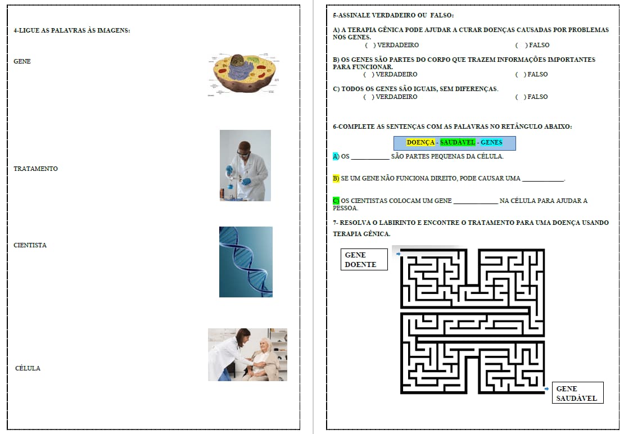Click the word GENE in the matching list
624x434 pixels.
pos(22,61)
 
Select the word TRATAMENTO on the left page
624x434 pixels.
pos(35,169)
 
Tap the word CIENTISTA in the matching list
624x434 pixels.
pos(30,245)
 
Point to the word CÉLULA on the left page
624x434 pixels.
pos(28,368)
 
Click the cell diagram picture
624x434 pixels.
pos(243,75)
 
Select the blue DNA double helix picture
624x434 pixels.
pos(246,262)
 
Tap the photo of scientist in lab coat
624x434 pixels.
pos(245,165)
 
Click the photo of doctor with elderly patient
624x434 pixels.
pos(247,354)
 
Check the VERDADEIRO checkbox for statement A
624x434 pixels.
pos(369,46)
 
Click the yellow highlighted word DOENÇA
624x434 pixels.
pos(420,142)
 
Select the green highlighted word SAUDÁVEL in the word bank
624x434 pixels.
pos(458,142)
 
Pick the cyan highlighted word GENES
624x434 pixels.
pos(491,142)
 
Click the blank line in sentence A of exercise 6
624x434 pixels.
pos(370,159)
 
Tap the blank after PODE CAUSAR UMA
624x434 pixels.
pos(543,180)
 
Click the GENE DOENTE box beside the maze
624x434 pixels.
pos(364,259)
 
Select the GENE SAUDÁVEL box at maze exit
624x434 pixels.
pos(578,392)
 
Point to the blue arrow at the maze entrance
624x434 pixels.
pos(399,254)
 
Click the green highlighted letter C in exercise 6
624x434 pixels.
pos(336,201)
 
